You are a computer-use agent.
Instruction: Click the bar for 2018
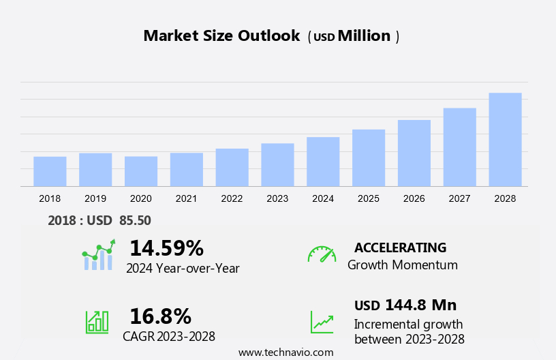50,171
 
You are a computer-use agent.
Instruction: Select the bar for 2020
141,171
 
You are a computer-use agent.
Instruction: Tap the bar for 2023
277,164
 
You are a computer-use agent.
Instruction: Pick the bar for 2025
369,157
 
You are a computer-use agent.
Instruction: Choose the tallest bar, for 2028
505,139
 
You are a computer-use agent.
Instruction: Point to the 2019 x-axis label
95,198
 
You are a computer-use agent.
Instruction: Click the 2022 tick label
232,198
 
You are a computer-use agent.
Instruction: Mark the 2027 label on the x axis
459,198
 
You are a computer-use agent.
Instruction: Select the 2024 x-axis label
323,198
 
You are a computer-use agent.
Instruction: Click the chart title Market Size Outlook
221,36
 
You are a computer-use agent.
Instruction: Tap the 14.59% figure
166,247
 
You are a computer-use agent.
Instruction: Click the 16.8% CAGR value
160,316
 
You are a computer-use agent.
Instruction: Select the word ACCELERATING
400,247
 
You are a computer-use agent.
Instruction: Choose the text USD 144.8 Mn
405,305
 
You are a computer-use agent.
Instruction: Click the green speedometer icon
322,254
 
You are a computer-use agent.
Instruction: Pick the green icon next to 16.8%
97,321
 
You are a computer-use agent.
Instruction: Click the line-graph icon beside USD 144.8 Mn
322,321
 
